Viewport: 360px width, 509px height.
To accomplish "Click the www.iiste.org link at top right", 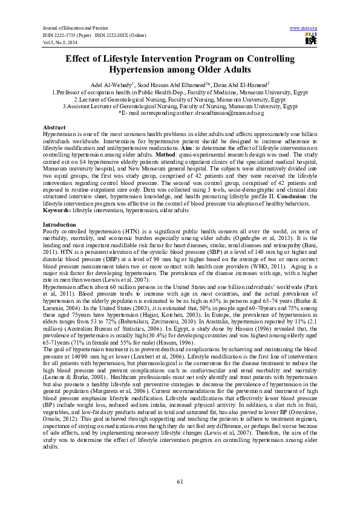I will [304, 28].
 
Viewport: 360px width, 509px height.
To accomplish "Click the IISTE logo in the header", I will [311, 39].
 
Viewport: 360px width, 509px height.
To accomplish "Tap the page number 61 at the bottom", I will [180, 481].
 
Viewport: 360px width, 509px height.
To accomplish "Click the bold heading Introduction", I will [59, 224].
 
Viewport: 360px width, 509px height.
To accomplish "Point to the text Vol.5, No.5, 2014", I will [60, 42].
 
